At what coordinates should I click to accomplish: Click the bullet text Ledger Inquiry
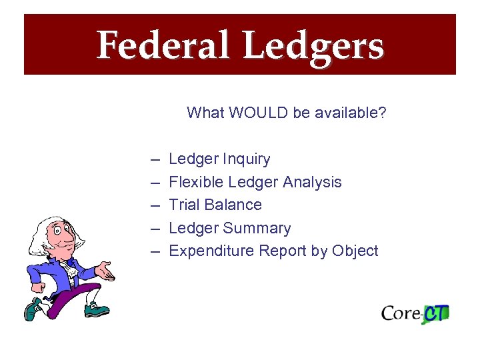tap(219, 159)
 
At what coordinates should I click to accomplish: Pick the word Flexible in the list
tap(196, 182)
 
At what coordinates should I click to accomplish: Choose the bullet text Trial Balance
tap(215, 205)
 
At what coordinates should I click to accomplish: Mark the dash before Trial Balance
tap(155, 205)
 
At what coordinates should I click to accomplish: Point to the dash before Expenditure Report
tap(155, 251)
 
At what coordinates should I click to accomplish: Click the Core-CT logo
tap(415, 313)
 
